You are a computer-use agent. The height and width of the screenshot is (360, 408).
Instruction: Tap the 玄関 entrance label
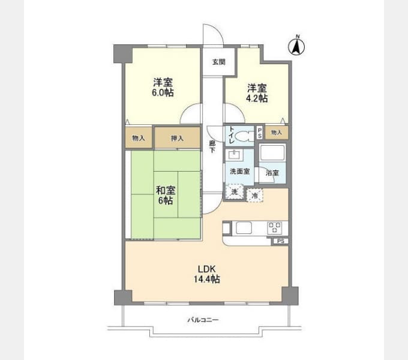(218, 62)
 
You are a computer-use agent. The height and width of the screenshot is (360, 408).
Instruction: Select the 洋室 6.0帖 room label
(163, 88)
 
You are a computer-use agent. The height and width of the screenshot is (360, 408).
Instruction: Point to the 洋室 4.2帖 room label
(257, 93)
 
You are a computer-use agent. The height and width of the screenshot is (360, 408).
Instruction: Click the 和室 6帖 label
(166, 196)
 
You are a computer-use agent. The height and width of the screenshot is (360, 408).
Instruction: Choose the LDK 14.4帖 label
(206, 274)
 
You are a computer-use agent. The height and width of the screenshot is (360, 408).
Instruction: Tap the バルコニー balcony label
(203, 320)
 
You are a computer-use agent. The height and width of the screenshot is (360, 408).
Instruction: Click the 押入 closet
(178, 138)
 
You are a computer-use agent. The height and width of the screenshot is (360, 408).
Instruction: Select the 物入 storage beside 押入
(139, 138)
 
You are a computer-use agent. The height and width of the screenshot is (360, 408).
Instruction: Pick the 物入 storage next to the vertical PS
(277, 133)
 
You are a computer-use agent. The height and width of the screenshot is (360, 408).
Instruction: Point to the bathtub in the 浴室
(273, 153)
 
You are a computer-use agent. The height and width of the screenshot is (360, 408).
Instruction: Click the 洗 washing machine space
(235, 192)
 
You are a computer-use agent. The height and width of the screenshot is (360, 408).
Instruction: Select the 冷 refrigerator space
(255, 196)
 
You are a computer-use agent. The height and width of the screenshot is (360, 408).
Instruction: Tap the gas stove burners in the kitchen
(275, 228)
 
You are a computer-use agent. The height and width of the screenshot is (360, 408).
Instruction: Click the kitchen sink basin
(244, 228)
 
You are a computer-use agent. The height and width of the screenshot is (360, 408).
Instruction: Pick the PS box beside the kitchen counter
(281, 241)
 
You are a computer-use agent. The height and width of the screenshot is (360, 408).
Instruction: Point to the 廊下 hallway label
(212, 147)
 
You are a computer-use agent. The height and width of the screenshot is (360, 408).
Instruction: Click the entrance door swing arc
(218, 29)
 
